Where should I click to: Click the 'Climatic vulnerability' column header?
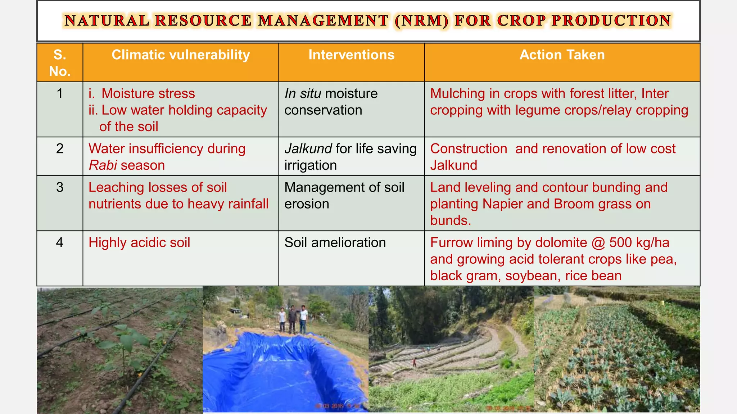(x=181, y=55)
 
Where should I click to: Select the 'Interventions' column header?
(x=351, y=55)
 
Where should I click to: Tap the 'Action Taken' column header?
(x=562, y=55)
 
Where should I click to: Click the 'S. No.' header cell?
(x=60, y=63)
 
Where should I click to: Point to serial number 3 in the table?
(x=60, y=187)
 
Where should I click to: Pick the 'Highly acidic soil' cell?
(x=139, y=243)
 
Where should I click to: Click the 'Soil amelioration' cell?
(x=335, y=243)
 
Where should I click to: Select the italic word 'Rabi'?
(x=103, y=165)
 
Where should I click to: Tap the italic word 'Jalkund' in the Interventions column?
(x=308, y=149)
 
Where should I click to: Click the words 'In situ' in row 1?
(x=303, y=94)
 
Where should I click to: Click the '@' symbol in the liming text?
(x=598, y=243)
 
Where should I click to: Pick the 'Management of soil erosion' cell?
(x=344, y=195)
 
